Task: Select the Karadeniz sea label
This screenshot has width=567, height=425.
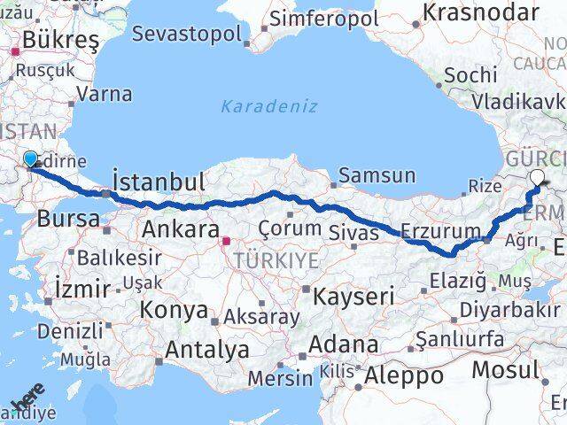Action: point(268,107)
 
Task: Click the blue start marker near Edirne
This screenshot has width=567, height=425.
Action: point(31,159)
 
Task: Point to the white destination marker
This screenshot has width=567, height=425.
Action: point(538,176)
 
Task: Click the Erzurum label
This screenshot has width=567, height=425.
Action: point(439,231)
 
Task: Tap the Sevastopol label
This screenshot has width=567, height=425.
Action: point(187,34)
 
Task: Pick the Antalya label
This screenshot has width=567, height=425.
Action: point(206,350)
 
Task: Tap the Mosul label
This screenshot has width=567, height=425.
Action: point(505,369)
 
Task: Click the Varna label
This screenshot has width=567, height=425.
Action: point(105,94)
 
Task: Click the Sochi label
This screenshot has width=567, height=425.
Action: point(470,75)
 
